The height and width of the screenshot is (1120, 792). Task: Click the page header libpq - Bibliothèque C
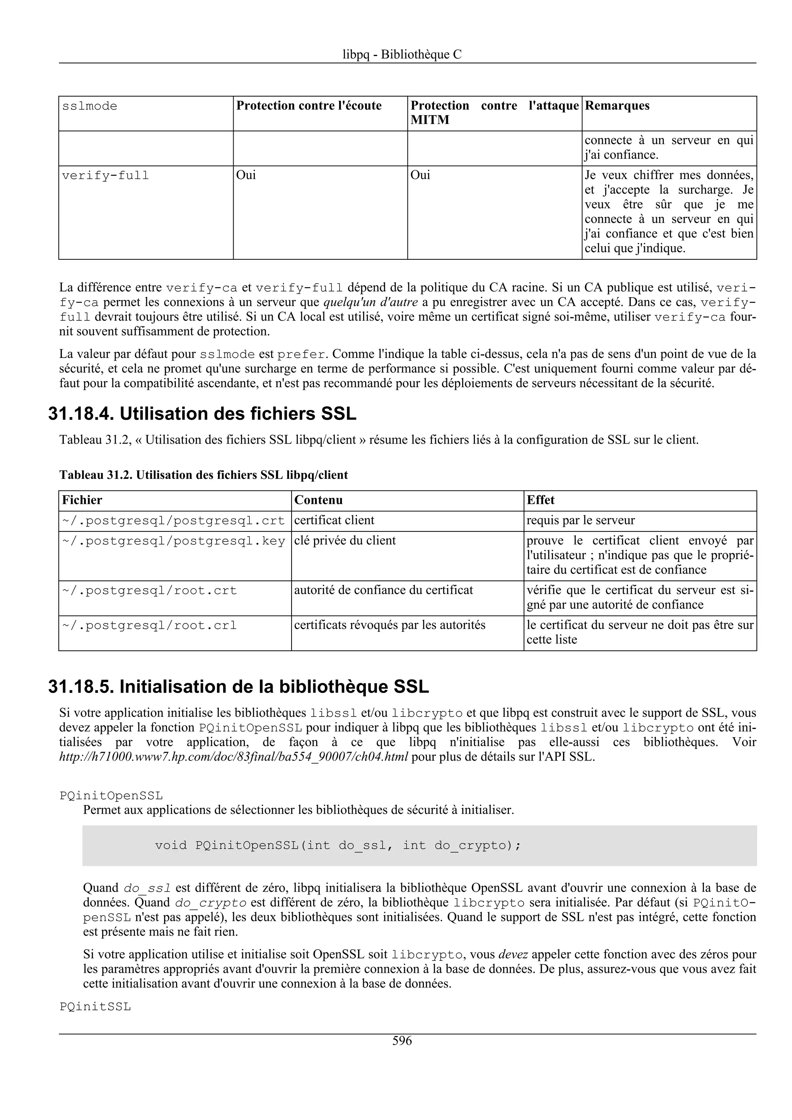pyautogui.click(x=402, y=54)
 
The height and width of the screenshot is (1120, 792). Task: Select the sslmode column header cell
pyautogui.click(x=90, y=106)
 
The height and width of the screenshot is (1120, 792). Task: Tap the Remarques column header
pyautogui.click(x=617, y=106)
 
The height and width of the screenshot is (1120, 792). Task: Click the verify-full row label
pyautogui.click(x=106, y=175)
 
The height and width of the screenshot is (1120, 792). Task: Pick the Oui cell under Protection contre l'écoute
pyautogui.click(x=246, y=175)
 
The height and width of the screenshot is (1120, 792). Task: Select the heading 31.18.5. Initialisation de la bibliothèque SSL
pyautogui.click(x=238, y=687)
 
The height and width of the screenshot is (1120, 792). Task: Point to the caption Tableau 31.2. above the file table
pyautogui.click(x=203, y=475)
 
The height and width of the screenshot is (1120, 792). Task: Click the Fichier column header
pyautogui.click(x=82, y=500)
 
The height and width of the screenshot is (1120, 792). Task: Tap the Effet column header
pyautogui.click(x=540, y=500)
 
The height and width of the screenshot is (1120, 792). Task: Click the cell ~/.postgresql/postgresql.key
pyautogui.click(x=174, y=541)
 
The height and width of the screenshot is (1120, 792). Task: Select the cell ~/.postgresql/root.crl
pyautogui.click(x=149, y=625)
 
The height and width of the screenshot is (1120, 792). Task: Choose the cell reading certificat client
pyautogui.click(x=334, y=521)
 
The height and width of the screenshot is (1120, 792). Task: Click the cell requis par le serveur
pyautogui.click(x=581, y=521)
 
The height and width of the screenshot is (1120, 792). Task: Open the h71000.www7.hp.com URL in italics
pyautogui.click(x=233, y=757)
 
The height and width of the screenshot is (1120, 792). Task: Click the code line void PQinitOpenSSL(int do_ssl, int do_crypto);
pyautogui.click(x=338, y=845)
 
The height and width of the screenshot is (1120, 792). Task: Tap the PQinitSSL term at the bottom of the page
pyautogui.click(x=95, y=1007)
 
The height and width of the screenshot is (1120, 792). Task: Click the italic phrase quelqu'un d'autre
pyautogui.click(x=371, y=303)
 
